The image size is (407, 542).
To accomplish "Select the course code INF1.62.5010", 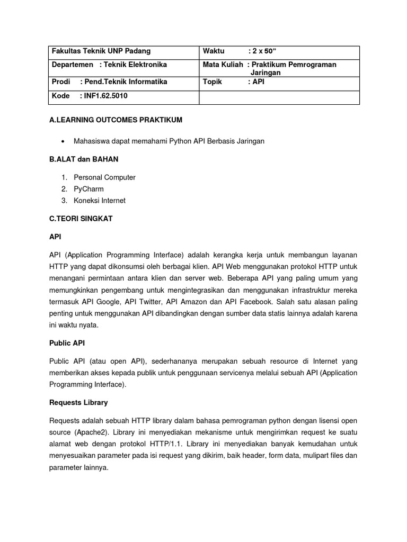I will click(103, 96).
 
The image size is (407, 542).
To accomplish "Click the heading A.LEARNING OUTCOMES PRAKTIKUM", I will click(116, 120).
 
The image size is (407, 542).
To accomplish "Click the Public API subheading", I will click(68, 342).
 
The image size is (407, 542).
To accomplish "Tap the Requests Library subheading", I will click(78, 402).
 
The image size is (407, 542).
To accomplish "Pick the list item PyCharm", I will click(89, 189).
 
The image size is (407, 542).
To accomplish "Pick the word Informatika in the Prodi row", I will click(148, 82).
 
